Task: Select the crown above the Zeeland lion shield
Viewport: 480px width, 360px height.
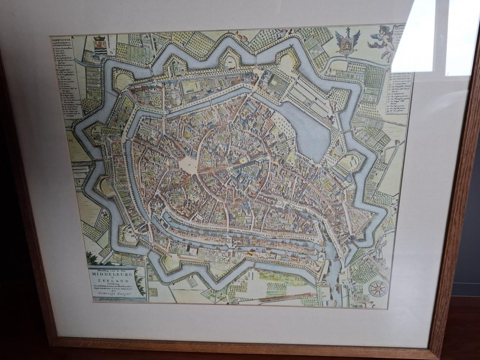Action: pos(99,38)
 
